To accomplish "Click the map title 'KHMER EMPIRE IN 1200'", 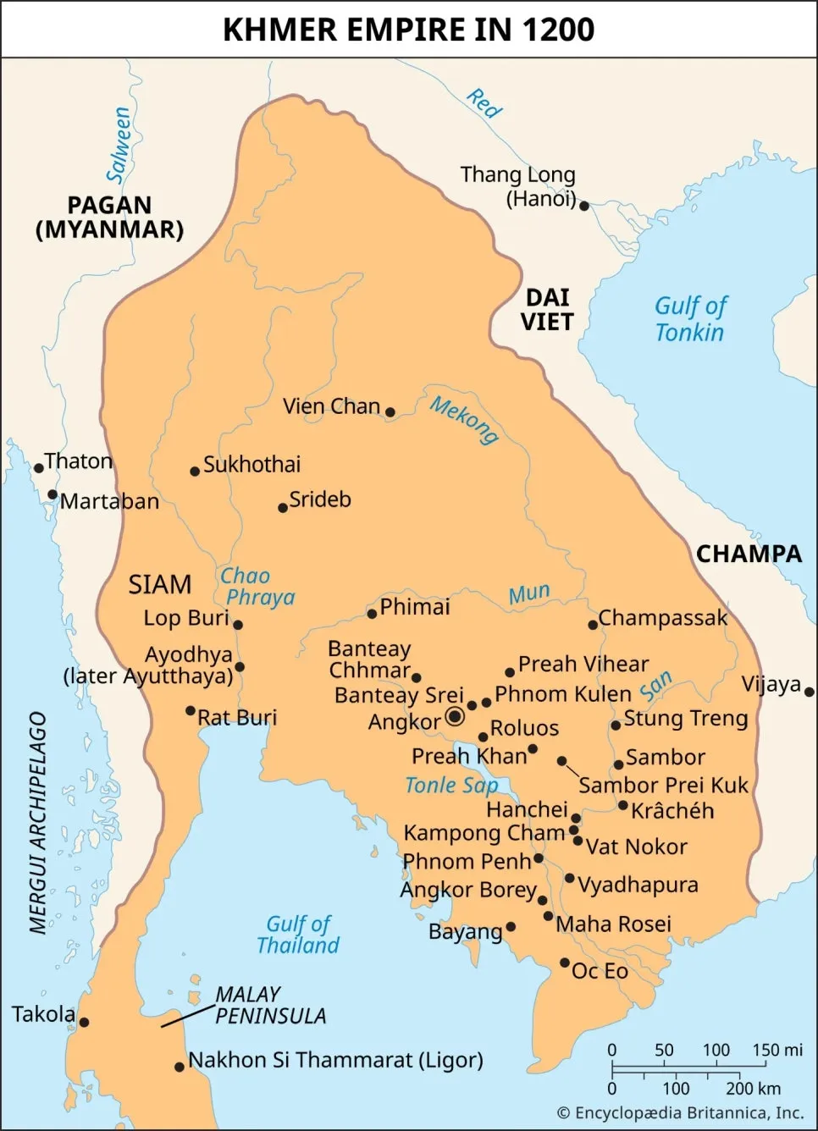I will point(408,30).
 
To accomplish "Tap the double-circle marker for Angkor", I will point(455,716).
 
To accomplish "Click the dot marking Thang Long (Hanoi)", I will point(583,206).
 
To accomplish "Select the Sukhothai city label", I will point(251,464).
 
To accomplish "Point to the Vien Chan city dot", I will point(390,412).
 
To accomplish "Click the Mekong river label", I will point(463,419).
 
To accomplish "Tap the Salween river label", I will point(119,144).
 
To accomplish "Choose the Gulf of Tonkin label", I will point(690,319).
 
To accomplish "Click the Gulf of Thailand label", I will point(298,935).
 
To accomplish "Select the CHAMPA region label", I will point(749,554).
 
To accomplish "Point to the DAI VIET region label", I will point(547,310).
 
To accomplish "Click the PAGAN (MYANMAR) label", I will point(109,218).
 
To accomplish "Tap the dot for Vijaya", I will point(809,692).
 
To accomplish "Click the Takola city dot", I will point(84,1022).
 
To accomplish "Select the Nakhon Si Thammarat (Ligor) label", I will point(335,1060).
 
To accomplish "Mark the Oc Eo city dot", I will point(565,963).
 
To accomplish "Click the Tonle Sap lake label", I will point(451,786).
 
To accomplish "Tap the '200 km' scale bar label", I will point(753,1089).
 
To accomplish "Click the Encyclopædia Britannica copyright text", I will point(680,1112).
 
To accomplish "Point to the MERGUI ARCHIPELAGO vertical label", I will point(38,822).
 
